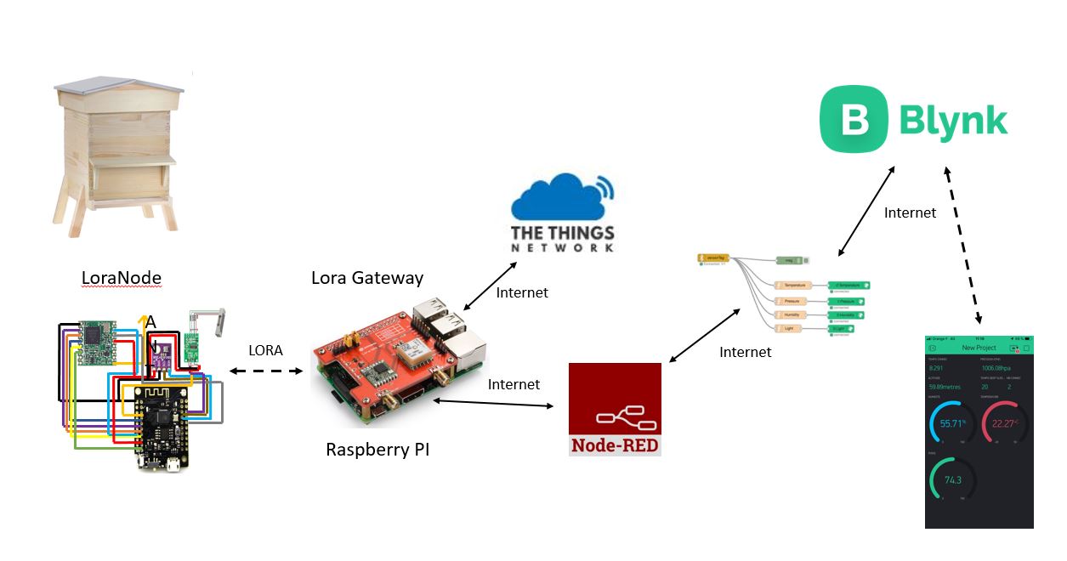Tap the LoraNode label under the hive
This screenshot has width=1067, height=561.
[x=121, y=277]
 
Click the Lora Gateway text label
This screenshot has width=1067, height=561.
[x=367, y=278]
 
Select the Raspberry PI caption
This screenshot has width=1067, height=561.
[x=377, y=450]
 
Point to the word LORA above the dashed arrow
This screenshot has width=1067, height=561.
[x=266, y=350]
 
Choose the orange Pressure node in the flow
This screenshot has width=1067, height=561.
[x=791, y=300]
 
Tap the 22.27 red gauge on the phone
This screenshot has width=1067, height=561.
[x=1004, y=422]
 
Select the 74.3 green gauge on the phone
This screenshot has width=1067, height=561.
[x=952, y=480]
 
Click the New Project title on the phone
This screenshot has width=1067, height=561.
[x=979, y=348]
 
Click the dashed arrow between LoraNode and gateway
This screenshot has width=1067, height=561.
[x=266, y=371]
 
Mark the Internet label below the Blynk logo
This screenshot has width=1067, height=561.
[x=910, y=212]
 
